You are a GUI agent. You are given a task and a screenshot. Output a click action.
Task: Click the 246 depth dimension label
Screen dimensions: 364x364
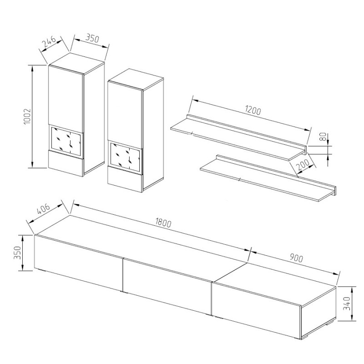click(49, 41)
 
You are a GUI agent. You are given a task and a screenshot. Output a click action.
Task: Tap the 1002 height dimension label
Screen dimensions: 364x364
click(27, 116)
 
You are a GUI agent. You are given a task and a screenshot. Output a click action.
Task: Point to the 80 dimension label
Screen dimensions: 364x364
click(324, 136)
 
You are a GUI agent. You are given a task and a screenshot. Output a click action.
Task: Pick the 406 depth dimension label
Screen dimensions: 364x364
click(43, 210)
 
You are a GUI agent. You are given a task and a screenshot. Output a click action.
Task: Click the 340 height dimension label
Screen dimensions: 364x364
click(347, 303)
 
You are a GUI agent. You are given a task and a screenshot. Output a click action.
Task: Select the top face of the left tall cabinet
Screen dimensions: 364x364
click(76, 64)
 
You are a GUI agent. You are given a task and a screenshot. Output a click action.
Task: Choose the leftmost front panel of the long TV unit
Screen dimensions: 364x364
click(78, 263)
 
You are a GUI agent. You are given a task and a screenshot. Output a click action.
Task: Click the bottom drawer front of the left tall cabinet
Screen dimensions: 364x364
click(66, 162)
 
